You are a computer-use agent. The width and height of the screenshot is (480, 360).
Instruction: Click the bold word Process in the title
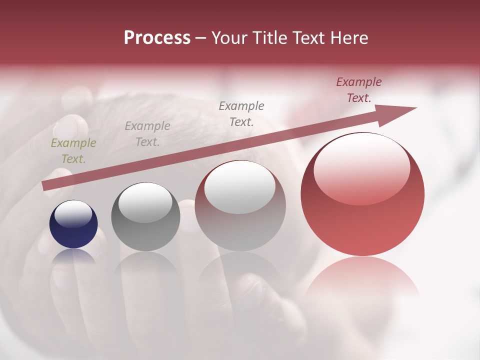[157, 38]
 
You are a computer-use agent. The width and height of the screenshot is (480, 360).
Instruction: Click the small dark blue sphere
[73, 224]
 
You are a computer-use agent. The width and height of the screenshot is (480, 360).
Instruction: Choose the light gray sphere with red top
[240, 206]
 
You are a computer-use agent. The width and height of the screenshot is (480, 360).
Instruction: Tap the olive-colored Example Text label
[73, 151]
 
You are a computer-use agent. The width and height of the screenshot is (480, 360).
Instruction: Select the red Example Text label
[359, 90]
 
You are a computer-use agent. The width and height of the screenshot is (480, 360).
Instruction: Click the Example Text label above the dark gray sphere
[147, 134]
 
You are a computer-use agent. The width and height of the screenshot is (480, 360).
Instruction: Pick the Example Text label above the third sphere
[241, 113]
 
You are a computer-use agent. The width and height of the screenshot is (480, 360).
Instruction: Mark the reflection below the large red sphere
[362, 280]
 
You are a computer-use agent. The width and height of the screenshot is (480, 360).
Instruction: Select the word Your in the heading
[228, 38]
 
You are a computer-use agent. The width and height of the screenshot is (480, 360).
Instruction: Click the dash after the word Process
[200, 38]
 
